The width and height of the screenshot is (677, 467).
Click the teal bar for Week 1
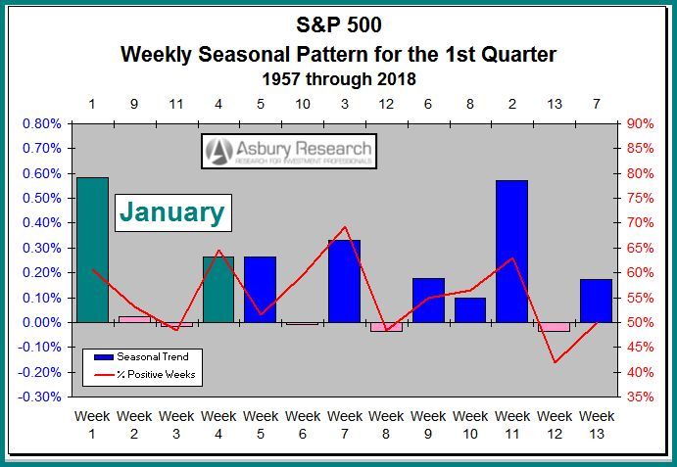[x=92, y=250]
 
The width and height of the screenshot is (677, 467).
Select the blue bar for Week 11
[x=511, y=252]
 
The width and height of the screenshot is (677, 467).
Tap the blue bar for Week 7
[x=344, y=281]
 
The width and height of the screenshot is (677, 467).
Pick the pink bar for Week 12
[x=554, y=327]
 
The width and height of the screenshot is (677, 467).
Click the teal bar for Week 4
[x=218, y=290]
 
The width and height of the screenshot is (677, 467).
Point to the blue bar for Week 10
[x=470, y=310]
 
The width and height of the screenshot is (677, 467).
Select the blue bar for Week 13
[x=596, y=301]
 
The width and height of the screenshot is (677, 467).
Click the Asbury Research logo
[x=289, y=151]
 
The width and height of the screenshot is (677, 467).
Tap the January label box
[x=172, y=211]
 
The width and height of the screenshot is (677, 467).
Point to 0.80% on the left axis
[x=41, y=123]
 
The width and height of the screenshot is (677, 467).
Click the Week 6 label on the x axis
[x=303, y=425]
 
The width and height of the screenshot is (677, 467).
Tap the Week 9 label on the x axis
[x=428, y=425]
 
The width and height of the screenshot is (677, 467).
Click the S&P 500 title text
[x=338, y=23]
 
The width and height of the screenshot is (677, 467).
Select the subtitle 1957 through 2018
[x=338, y=76]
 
